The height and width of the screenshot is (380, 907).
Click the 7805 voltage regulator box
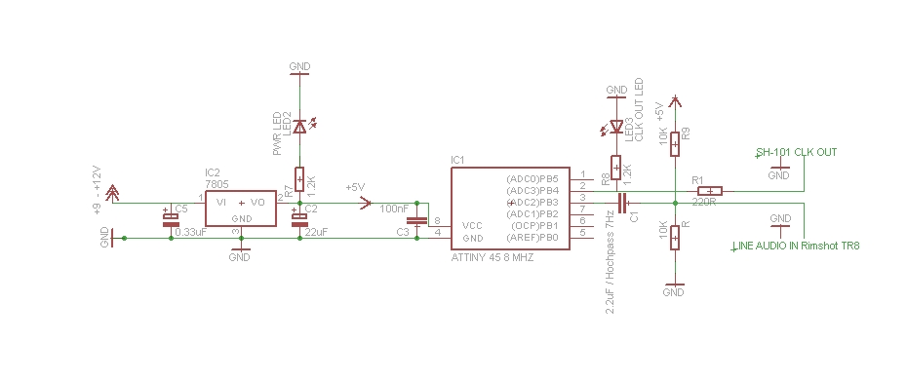tap(240, 209)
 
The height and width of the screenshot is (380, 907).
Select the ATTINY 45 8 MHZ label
tap(493, 257)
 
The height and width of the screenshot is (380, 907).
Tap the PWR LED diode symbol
tap(299, 126)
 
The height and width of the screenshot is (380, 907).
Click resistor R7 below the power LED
tap(299, 178)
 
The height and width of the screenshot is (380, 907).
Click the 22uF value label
tap(315, 232)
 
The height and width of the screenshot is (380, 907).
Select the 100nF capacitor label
tap(394, 209)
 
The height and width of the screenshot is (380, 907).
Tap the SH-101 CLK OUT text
tap(796, 152)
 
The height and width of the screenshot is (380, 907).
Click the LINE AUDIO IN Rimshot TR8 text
tap(795, 246)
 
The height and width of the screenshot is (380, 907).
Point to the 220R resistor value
tap(703, 203)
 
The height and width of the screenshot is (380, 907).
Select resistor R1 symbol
tap(709, 191)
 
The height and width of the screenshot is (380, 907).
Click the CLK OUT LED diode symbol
tap(615, 127)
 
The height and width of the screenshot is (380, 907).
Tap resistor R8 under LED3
tap(615, 169)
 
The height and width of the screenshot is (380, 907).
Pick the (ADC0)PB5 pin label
tap(532, 179)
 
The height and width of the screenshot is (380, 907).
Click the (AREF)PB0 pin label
tap(532, 237)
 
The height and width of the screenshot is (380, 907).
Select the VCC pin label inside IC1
tap(472, 225)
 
